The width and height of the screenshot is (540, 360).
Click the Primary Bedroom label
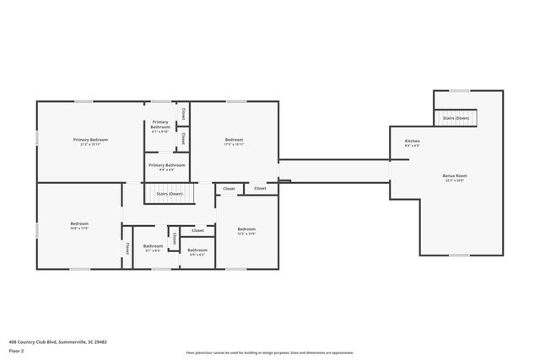(90, 139)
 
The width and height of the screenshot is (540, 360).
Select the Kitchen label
(412, 141)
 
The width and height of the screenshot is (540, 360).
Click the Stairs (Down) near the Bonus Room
(456, 118)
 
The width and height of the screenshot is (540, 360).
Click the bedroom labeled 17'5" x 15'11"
(234, 139)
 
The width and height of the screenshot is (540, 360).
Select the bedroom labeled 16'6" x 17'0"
(78, 223)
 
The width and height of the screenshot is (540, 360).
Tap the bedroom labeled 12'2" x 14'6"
(246, 229)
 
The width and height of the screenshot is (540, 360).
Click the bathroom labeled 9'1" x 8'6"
(153, 246)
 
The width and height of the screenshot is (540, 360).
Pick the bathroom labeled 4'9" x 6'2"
(197, 250)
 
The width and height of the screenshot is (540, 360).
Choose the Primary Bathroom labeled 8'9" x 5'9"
(167, 165)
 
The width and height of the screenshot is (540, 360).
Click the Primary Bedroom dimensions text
(90, 144)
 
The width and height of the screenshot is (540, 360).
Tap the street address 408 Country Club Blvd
(57, 341)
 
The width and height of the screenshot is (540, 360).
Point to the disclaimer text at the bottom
(269, 353)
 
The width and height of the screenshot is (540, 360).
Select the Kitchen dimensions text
(412, 146)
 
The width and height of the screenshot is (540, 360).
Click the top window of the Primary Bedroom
(84, 102)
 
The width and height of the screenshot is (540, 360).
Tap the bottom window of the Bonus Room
(459, 255)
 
